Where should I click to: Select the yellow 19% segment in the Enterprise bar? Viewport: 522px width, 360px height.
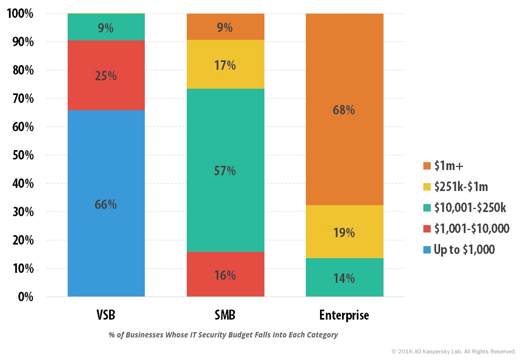[x=345, y=231]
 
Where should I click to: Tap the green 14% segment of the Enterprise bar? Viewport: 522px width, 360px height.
[x=345, y=278]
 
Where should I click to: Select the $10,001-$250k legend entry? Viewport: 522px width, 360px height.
[x=465, y=208]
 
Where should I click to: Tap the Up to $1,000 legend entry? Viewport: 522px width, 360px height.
[x=459, y=249]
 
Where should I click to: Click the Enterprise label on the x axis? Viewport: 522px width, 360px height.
[x=344, y=315]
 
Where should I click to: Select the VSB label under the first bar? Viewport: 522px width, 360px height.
[x=105, y=315]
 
